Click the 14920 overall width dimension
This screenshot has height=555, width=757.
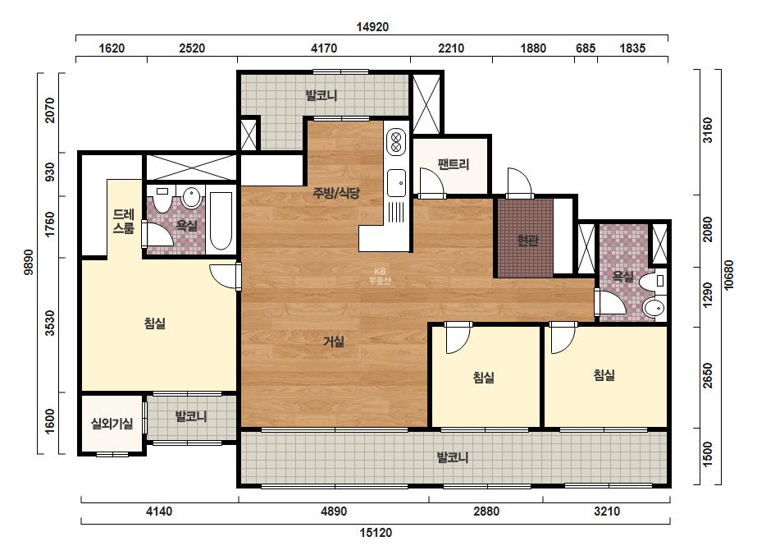(372, 26)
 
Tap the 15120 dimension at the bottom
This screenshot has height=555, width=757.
(376, 533)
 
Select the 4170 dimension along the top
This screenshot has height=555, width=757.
(324, 48)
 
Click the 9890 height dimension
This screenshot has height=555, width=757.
(29, 262)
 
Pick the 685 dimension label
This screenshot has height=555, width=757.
(586, 48)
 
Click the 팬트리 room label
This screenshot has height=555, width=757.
(454, 164)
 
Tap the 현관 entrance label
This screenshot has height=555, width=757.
(527, 241)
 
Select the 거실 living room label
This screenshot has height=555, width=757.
(334, 342)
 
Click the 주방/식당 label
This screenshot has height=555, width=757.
(336, 194)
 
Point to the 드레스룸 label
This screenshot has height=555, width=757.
(124, 221)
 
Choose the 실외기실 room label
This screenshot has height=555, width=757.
(112, 424)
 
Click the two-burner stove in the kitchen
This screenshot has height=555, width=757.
(396, 142)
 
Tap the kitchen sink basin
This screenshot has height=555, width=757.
(396, 183)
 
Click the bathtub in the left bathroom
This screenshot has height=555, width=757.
(221, 221)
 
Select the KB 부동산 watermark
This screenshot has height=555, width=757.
(380, 276)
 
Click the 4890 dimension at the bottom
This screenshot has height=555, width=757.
(334, 511)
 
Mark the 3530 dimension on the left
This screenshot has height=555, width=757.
(50, 323)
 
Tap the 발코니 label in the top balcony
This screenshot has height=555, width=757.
(321, 96)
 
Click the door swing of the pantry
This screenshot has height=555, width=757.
(432, 181)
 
